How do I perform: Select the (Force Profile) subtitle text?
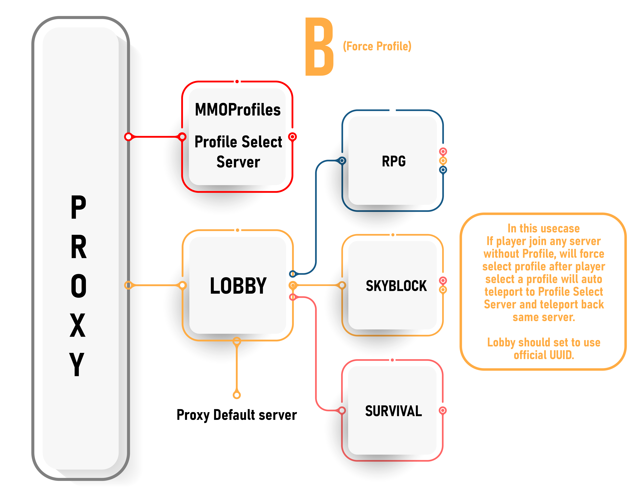(x=377, y=46)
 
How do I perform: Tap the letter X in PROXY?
(x=78, y=325)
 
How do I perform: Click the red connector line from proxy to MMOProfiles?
(x=155, y=136)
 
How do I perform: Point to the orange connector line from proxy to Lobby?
(x=155, y=285)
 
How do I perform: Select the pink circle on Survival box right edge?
(x=443, y=410)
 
